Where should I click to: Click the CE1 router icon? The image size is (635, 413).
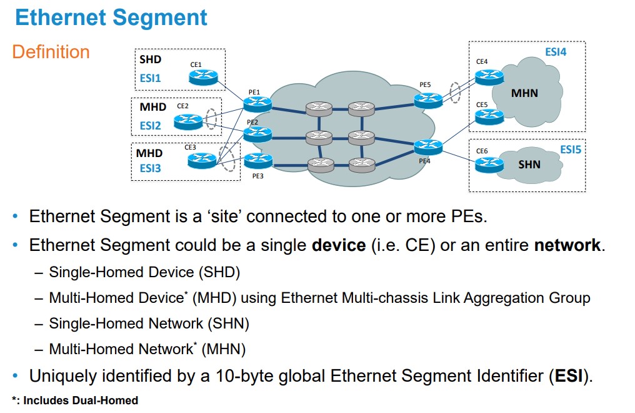pos(203,77)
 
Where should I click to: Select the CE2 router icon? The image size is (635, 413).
pos(188,121)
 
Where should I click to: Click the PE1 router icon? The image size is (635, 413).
pos(257,105)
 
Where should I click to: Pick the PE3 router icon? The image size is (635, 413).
pos(257,161)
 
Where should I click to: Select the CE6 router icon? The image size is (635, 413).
pos(488,165)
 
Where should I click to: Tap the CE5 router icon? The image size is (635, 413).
pos(489,116)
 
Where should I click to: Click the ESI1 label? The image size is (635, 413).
pos(150,79)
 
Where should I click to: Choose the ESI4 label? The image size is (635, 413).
pos(555,52)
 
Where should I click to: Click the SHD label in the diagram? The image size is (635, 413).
pos(150,60)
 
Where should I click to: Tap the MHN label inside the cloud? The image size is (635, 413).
pos(524,94)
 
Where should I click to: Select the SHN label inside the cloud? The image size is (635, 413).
pos(529,165)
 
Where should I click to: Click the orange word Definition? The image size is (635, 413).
pos(51,52)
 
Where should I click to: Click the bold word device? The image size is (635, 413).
pos(338,245)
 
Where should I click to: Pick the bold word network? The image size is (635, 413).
pos(567,245)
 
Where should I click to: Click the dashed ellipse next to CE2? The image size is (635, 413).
pos(211,119)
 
